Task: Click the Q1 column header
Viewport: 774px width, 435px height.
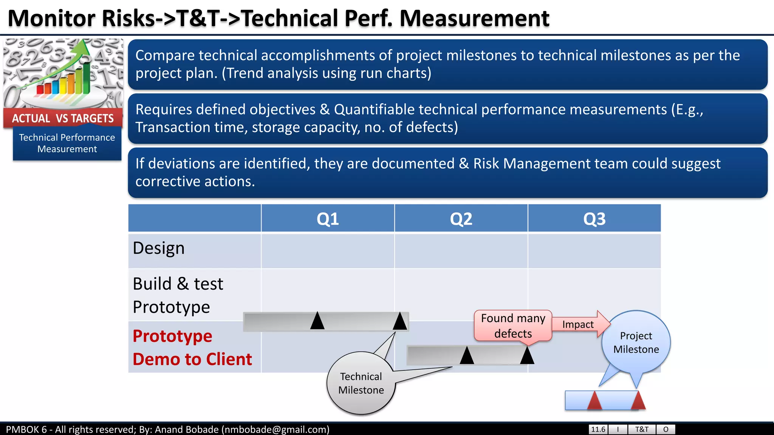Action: tap(328, 219)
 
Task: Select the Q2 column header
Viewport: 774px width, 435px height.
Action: tap(461, 219)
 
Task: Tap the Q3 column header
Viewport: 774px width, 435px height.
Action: tap(594, 219)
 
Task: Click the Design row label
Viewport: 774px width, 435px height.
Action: tap(159, 248)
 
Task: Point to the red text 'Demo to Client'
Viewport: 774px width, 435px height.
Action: tap(192, 359)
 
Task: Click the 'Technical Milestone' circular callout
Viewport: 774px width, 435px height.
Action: tap(361, 383)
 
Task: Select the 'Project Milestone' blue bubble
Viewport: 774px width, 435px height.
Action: tap(636, 342)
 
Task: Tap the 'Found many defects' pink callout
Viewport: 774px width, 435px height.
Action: tap(513, 326)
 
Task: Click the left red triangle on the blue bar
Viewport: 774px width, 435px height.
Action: tap(594, 401)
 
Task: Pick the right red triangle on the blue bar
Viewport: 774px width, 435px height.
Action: tap(638, 401)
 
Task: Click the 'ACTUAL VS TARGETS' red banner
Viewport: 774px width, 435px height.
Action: tap(63, 118)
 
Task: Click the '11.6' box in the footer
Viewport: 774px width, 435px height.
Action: tap(598, 429)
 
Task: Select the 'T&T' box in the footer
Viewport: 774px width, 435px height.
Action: tap(642, 429)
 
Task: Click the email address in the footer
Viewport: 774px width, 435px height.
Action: tap(275, 430)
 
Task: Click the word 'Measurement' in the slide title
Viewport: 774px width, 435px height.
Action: tap(474, 18)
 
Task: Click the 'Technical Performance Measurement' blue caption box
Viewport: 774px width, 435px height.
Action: tap(67, 143)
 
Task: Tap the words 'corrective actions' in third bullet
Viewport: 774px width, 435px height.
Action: tap(195, 182)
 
